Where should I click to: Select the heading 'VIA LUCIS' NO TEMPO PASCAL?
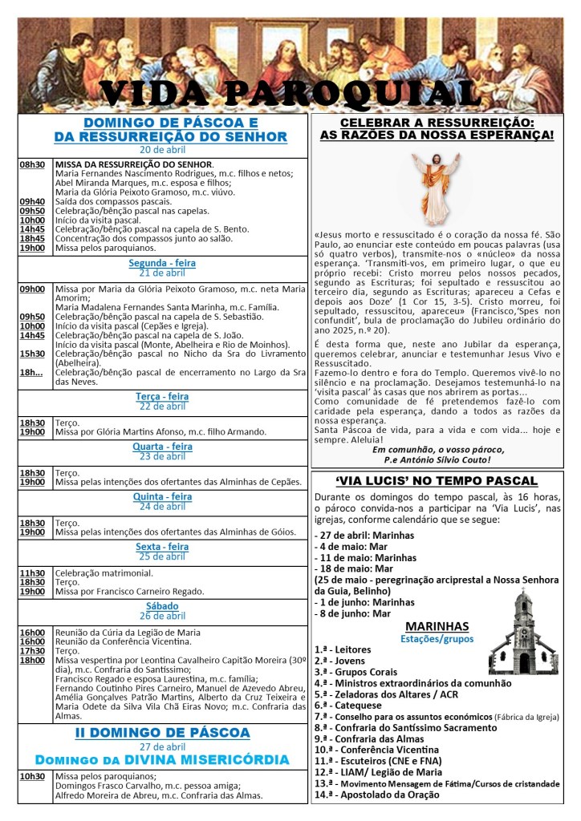click(437, 481)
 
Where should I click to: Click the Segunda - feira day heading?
click(163, 263)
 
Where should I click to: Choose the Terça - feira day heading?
click(163, 396)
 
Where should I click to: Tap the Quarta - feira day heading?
click(163, 447)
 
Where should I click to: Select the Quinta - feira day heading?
click(163, 497)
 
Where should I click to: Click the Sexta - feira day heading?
click(163, 547)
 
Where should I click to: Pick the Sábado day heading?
click(163, 606)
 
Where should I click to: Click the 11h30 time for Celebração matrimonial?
click(32, 573)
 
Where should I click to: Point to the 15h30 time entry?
click(32, 354)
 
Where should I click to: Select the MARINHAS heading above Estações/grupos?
click(437, 626)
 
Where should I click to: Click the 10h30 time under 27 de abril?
click(32, 776)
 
